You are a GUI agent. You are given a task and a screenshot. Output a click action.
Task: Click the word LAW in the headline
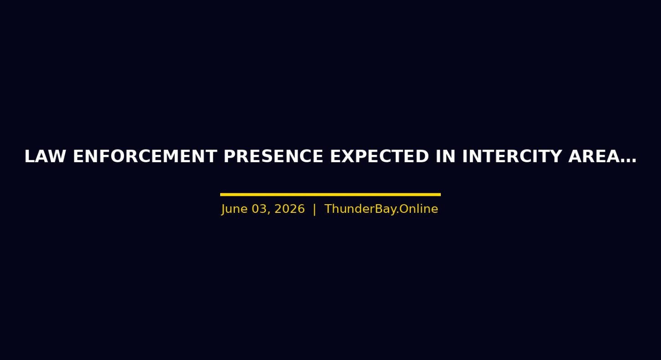tap(45, 156)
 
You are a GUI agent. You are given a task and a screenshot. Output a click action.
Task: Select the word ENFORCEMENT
tap(145, 156)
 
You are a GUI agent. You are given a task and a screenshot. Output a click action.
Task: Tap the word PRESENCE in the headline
tap(273, 156)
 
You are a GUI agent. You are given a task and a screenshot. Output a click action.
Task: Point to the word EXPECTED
tap(379, 156)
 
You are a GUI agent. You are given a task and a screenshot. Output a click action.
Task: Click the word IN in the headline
tap(445, 156)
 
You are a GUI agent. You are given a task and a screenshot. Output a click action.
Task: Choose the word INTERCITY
tap(511, 156)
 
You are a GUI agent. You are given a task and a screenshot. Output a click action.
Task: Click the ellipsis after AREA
tap(629, 161)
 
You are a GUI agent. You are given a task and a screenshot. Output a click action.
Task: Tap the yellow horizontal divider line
tap(330, 195)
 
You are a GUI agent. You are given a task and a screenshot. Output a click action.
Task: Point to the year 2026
tap(289, 209)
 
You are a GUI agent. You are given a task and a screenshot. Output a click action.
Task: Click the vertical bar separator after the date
tap(314, 209)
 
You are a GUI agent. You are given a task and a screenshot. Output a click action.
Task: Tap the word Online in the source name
tap(419, 209)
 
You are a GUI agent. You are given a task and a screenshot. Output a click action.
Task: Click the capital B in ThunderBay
tap(379, 209)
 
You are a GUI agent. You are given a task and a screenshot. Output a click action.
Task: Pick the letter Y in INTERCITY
tap(555, 156)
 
